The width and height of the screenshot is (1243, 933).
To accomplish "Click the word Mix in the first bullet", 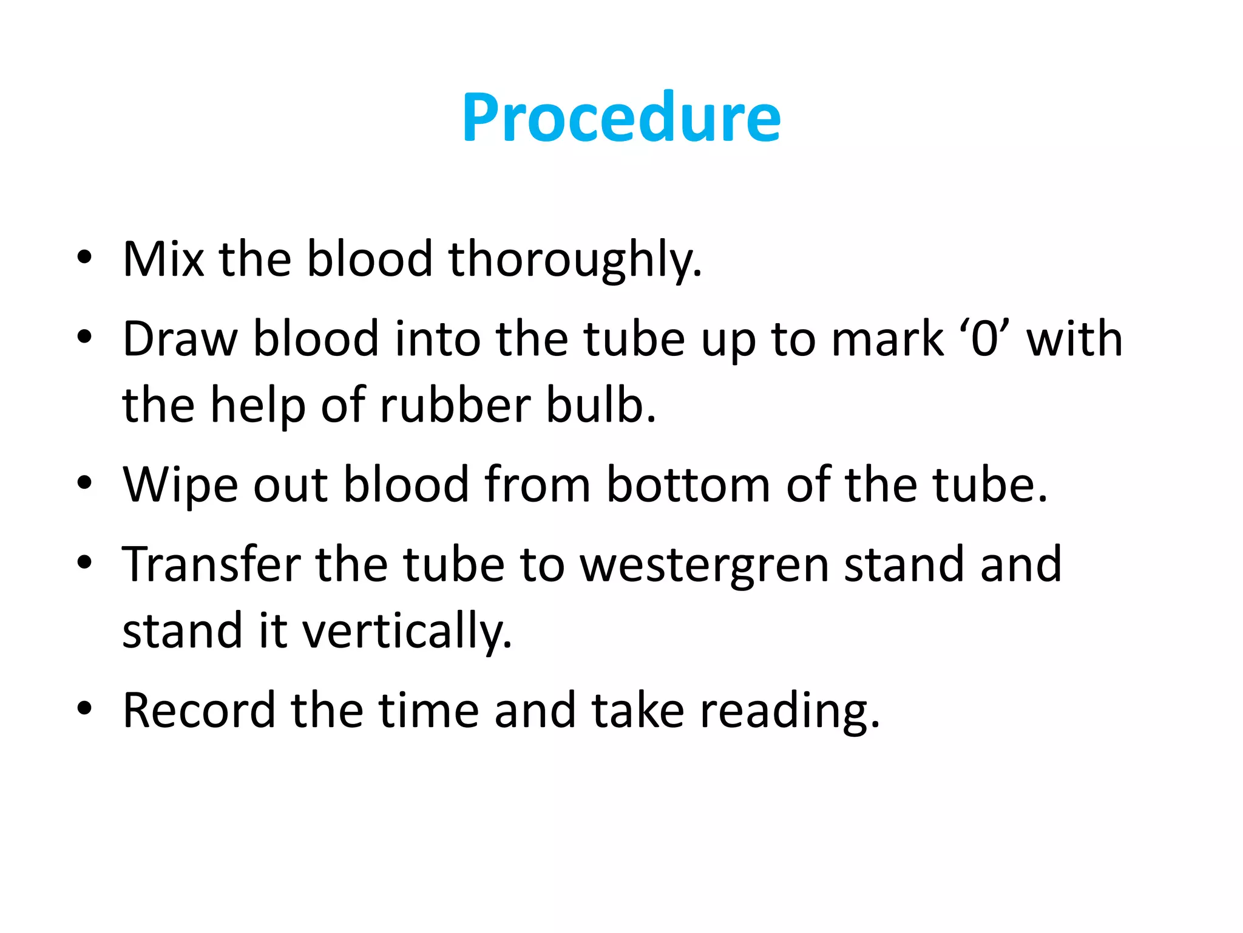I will coord(163,259).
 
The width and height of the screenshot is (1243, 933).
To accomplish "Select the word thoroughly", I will coord(575,259).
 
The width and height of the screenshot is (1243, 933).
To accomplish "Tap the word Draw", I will coord(180,339).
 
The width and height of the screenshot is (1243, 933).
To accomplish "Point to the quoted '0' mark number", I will coord(984,339).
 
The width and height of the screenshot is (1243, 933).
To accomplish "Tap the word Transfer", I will coord(211,565).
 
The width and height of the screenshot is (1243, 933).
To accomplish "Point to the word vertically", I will coord(407,632).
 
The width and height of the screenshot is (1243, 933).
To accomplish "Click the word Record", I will coord(198,710).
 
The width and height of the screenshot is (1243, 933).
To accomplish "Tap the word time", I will coord(428,710).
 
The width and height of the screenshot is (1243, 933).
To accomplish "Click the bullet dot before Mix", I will coord(84,258).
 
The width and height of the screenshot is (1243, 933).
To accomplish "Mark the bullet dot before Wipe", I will coord(84,484).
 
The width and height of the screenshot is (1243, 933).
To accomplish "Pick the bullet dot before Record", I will coord(84,708).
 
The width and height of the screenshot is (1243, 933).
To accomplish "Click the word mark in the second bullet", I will coord(887,339).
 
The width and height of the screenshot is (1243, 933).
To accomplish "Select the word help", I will coord(257,406).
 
